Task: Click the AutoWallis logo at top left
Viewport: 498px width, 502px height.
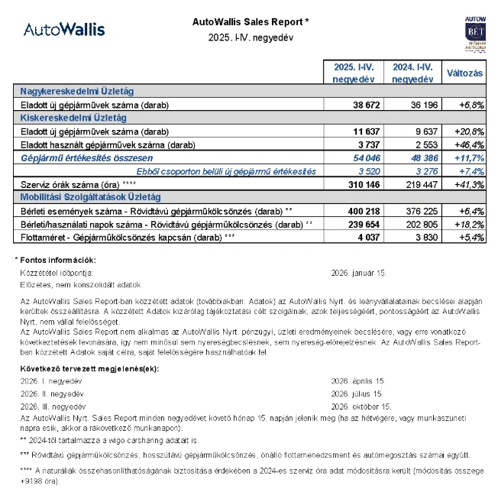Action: pyautogui.click(x=64, y=30)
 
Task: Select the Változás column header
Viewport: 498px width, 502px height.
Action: pyautogui.click(x=464, y=73)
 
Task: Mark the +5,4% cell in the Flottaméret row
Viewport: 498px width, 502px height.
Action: pyautogui.click(x=470, y=238)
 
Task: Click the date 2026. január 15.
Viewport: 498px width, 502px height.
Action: pyautogui.click(x=359, y=272)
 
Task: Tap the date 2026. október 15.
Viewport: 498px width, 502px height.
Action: pyautogui.click(x=361, y=406)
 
